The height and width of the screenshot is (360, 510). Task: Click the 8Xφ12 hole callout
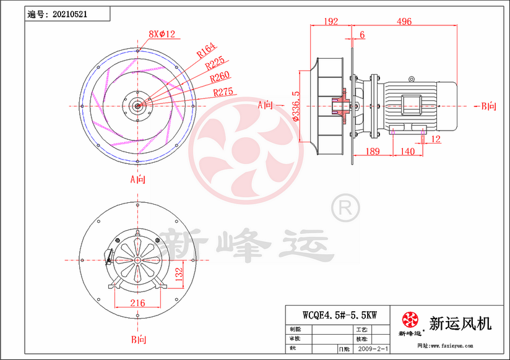point(163,34)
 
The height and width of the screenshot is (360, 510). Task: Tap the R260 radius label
point(220,78)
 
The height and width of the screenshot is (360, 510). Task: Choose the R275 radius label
point(223,92)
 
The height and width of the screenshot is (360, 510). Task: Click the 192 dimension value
point(331,22)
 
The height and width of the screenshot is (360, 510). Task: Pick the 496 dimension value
point(404,22)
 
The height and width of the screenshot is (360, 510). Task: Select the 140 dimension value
point(407,152)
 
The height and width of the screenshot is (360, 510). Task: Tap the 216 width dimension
point(137,302)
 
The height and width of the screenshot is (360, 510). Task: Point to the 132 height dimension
point(179,273)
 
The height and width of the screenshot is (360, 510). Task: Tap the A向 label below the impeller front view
point(137,180)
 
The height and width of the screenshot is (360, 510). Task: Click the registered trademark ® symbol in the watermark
point(345,208)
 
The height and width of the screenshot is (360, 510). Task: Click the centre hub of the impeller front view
point(137,105)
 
